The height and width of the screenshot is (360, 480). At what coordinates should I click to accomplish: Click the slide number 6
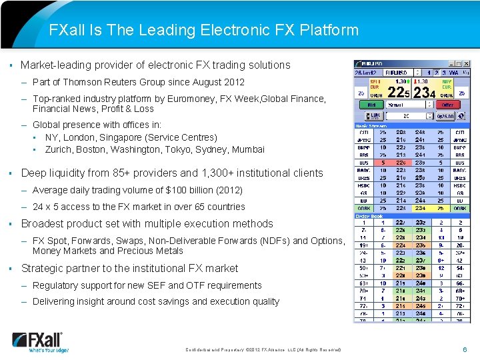tap(465, 349)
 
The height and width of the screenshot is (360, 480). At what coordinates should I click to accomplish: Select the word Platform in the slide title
tap(329, 30)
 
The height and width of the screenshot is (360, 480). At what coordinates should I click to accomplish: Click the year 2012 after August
tap(234, 82)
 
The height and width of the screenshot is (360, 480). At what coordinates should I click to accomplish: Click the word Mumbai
tap(249, 149)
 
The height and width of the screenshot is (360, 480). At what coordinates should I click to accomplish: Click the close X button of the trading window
tap(467, 64)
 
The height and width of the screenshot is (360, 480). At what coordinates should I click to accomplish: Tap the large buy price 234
tap(425, 93)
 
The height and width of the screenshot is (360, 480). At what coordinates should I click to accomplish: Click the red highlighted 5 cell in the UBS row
tap(383, 162)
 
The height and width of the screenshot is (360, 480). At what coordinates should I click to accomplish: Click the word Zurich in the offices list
tap(58, 149)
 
